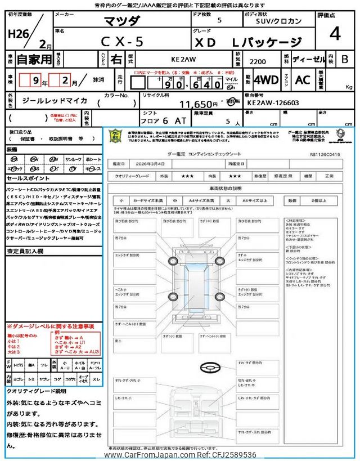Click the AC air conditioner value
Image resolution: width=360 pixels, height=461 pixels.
click(303, 80)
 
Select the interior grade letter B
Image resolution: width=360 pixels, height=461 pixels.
click(344, 59)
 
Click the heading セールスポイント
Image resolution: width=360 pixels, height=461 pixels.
click(28, 177)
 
